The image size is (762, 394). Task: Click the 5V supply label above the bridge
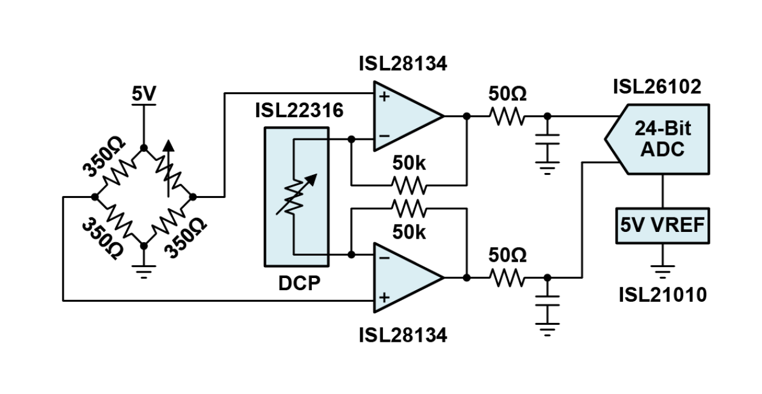[144, 95]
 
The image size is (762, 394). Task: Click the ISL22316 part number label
[298, 111]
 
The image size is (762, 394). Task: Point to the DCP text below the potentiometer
[298, 284]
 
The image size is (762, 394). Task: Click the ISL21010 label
[663, 295]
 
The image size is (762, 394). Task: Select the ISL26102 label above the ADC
[656, 87]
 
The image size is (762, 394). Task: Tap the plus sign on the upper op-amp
[383, 96]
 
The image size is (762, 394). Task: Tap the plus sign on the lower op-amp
[383, 297]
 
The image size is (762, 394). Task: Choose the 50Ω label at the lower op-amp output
[508, 256]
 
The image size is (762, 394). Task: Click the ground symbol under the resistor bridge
[144, 270]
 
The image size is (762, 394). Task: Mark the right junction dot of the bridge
[194, 197]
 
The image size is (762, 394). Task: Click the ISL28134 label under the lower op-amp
[403, 335]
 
